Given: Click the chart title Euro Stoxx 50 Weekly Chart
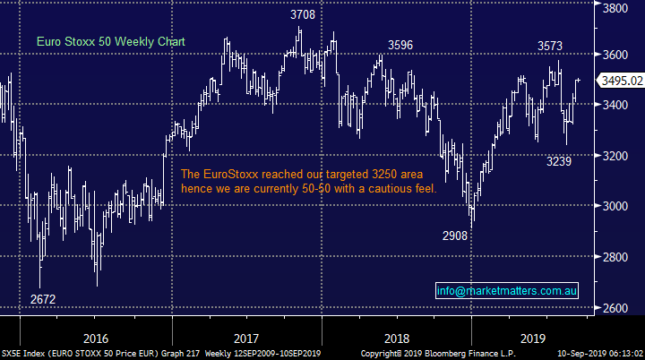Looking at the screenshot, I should click(98, 41).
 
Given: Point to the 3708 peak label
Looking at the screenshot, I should click(302, 15).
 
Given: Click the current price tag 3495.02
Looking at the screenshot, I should click(621, 81).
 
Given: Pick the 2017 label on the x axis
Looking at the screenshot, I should click(249, 339).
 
